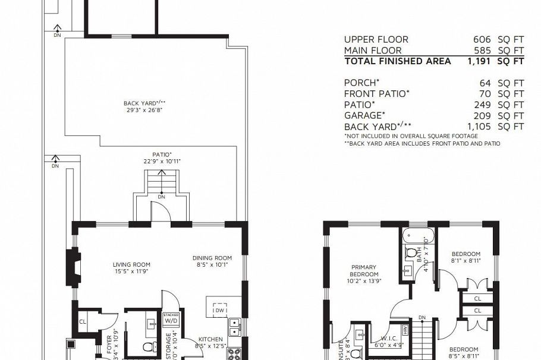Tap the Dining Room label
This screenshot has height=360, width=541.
click(x=212, y=262)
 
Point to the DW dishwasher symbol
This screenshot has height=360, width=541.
click(x=220, y=309)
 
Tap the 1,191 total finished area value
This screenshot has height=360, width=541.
click(x=482, y=61)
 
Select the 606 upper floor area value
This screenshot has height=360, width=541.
click(x=485, y=39)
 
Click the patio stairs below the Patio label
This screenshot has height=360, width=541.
click(x=162, y=181)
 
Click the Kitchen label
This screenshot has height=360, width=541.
click(x=211, y=339)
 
